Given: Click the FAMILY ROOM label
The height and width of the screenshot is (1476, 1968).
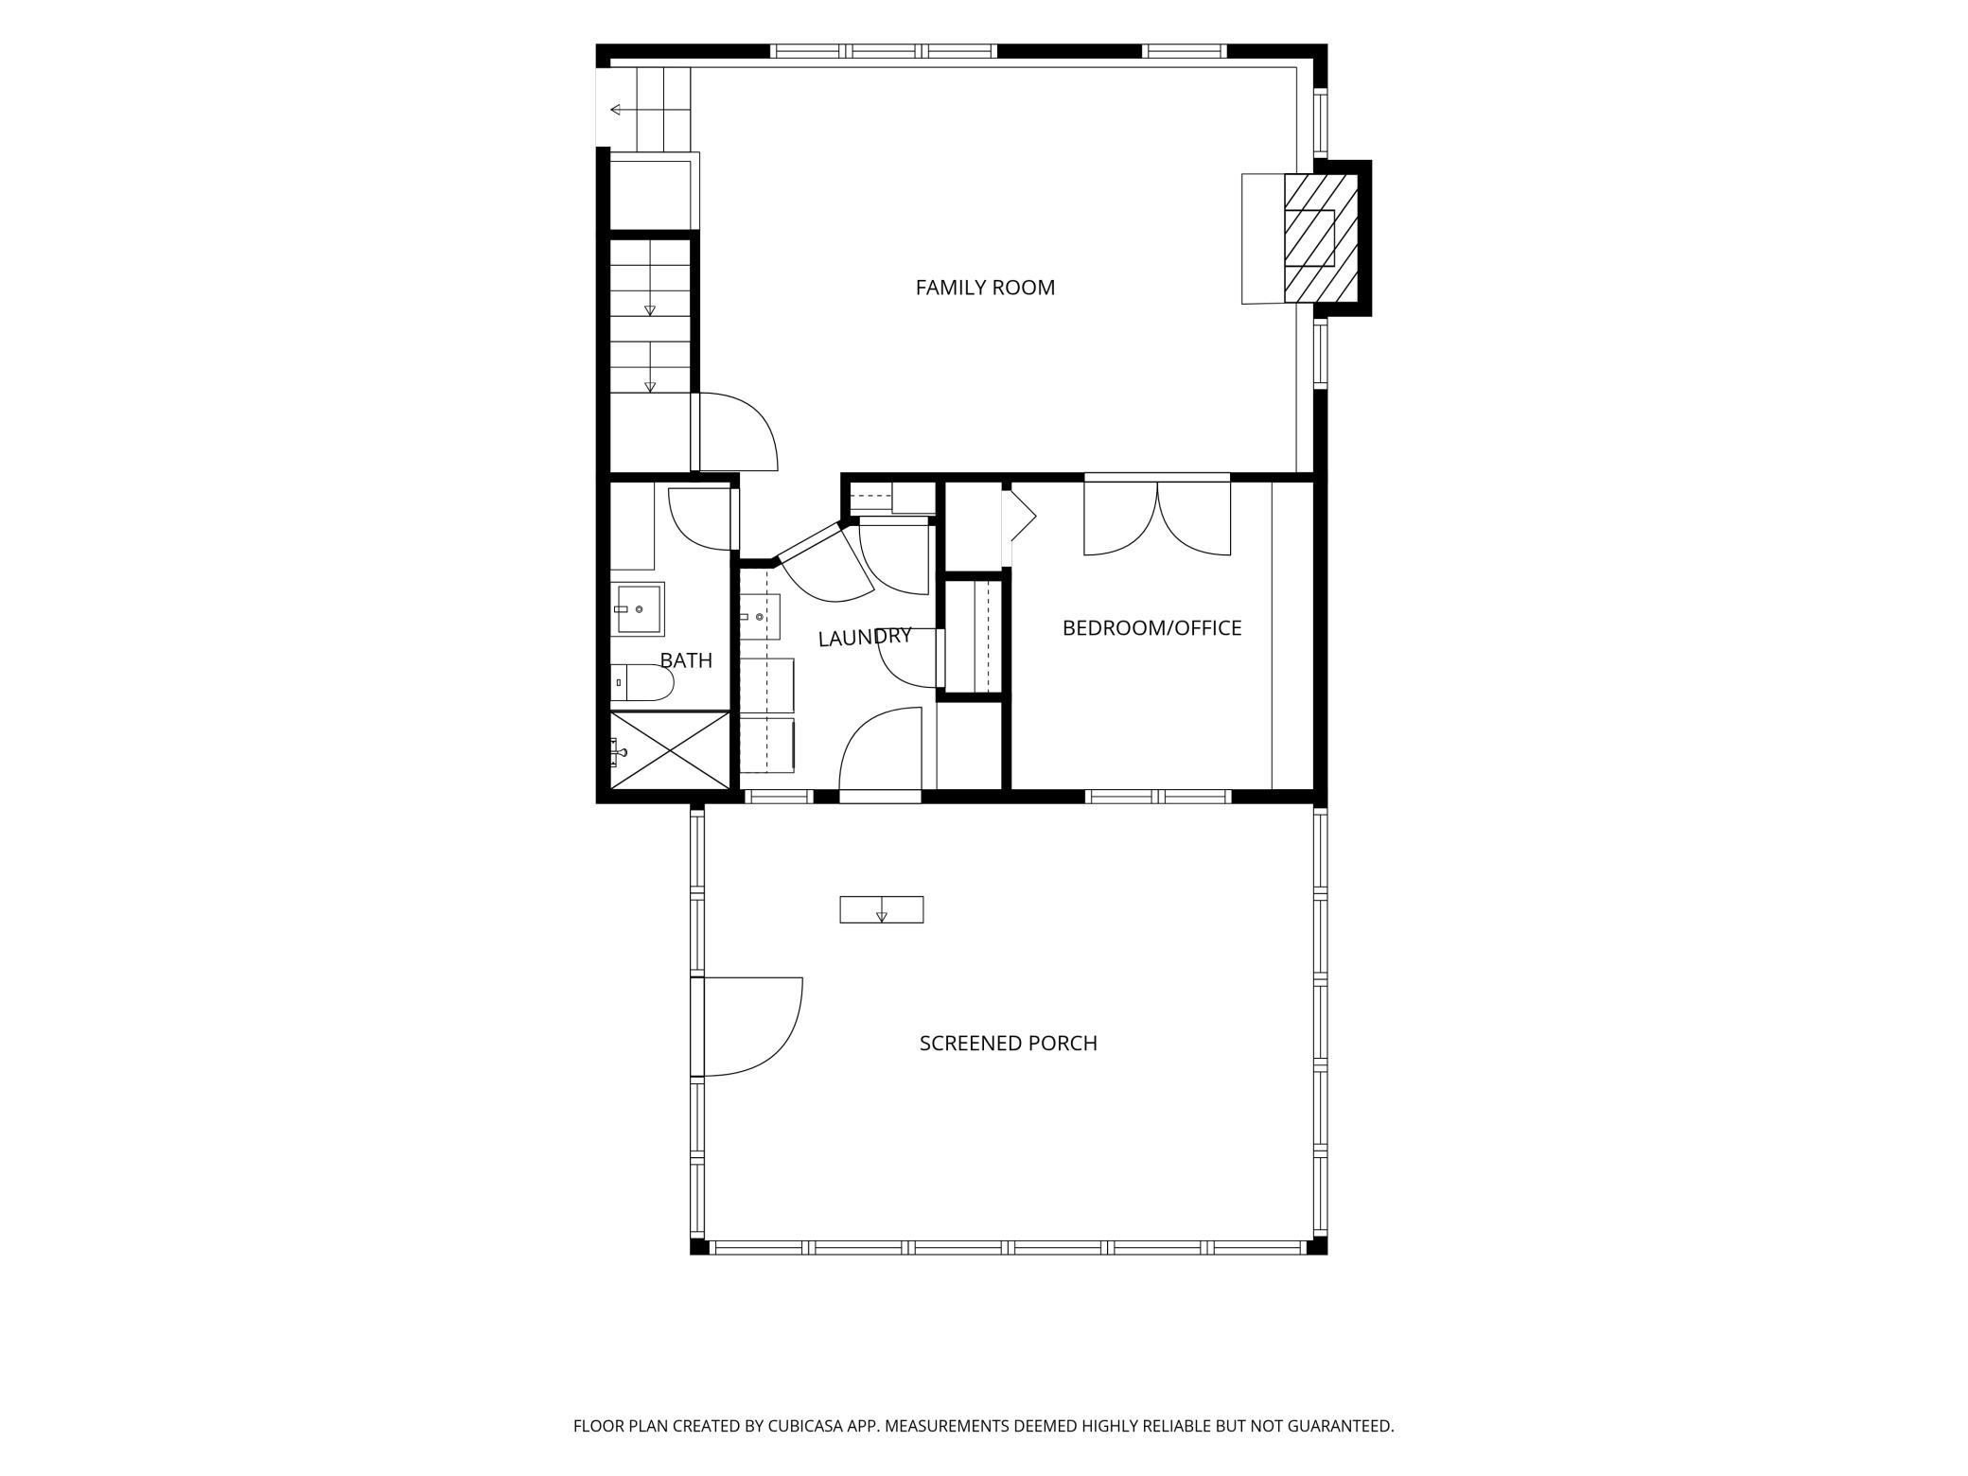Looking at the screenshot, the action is (985, 288).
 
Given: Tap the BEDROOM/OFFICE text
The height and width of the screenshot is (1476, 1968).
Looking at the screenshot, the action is (1151, 628).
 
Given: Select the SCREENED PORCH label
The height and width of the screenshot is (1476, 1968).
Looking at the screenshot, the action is (1009, 1044).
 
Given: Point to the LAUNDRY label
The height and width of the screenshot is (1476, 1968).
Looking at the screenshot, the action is (865, 638).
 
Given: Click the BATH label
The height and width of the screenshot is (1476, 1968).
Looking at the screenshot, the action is (686, 660).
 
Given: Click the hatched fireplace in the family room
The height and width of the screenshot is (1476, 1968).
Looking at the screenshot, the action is (1321, 238).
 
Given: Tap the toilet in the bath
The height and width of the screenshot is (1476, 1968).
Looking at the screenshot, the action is (641, 682).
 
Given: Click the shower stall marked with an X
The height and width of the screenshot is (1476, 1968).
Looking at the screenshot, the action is (670, 749).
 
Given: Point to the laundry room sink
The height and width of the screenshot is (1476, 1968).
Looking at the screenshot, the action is (759, 617).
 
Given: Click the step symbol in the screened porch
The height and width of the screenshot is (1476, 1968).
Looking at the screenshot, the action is (882, 909).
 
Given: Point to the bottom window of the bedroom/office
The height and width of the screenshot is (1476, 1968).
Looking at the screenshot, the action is (1158, 797).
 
